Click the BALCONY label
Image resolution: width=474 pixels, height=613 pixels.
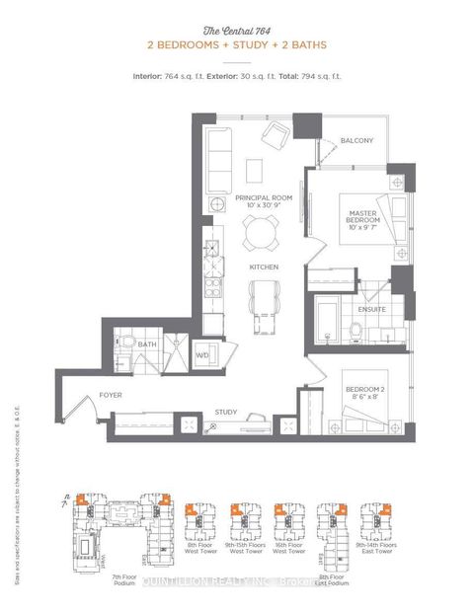click(x=357, y=141)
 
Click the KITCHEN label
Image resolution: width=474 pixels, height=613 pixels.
click(x=264, y=268)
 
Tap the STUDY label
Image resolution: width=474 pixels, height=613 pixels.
click(x=226, y=412)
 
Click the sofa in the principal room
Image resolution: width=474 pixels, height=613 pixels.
click(x=217, y=152)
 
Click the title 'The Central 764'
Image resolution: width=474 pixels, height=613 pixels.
click(x=236, y=31)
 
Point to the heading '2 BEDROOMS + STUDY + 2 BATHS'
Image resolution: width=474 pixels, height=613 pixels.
click(x=236, y=46)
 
